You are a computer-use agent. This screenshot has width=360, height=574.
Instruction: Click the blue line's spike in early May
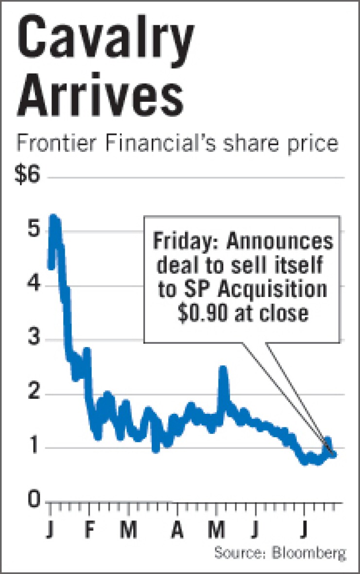223,369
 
